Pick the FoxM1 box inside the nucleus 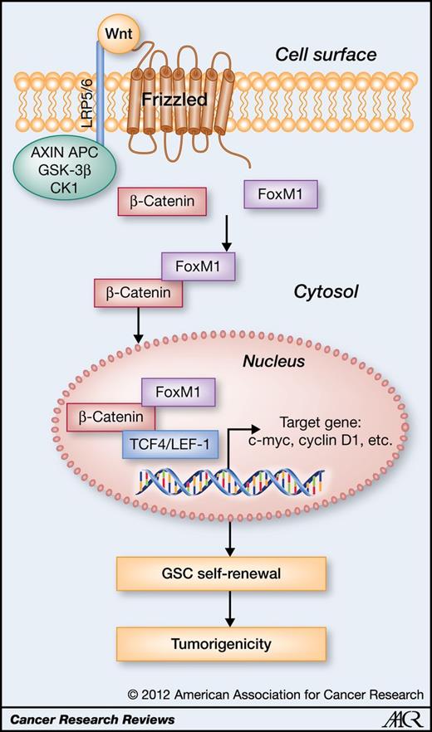(180, 391)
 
